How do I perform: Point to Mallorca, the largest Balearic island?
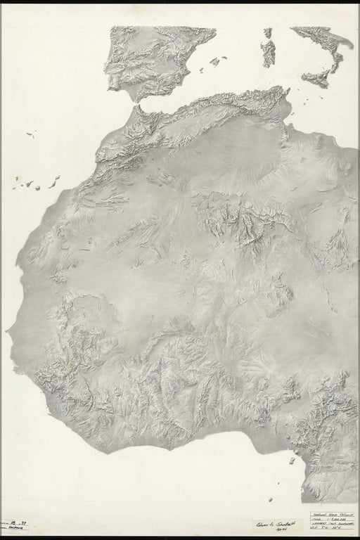pos(214,61)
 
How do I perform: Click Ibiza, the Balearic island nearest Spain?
pos(199,70)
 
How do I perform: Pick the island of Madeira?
pos(30,134)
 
